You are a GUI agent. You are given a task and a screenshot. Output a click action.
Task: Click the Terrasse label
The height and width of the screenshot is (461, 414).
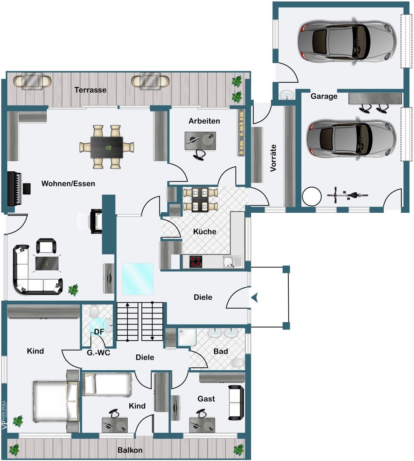[91, 90]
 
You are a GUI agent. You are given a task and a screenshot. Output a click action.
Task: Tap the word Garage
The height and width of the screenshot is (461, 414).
[324, 96]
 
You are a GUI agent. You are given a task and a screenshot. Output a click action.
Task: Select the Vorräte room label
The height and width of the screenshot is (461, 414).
[273, 158]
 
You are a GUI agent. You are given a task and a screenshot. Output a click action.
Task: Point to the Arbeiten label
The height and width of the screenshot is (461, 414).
[204, 121]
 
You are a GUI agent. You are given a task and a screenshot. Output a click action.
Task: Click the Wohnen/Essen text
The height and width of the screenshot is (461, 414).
[68, 183]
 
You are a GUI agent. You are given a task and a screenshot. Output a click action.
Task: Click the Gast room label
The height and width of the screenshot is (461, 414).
[206, 399]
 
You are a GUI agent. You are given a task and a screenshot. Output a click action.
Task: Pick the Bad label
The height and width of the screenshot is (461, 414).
[221, 351]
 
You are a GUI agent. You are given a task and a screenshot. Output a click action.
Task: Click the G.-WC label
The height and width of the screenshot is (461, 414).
[98, 353]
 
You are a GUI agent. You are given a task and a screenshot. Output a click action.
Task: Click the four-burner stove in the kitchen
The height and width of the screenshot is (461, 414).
[196, 262]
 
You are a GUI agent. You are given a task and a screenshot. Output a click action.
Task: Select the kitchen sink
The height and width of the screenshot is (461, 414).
[232, 262]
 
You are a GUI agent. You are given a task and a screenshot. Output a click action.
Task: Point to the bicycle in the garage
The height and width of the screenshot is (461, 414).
[347, 195]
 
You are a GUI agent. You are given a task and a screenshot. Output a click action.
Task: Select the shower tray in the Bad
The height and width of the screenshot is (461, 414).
[188, 337]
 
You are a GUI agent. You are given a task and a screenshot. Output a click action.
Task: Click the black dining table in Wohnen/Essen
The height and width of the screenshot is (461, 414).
[107, 147]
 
